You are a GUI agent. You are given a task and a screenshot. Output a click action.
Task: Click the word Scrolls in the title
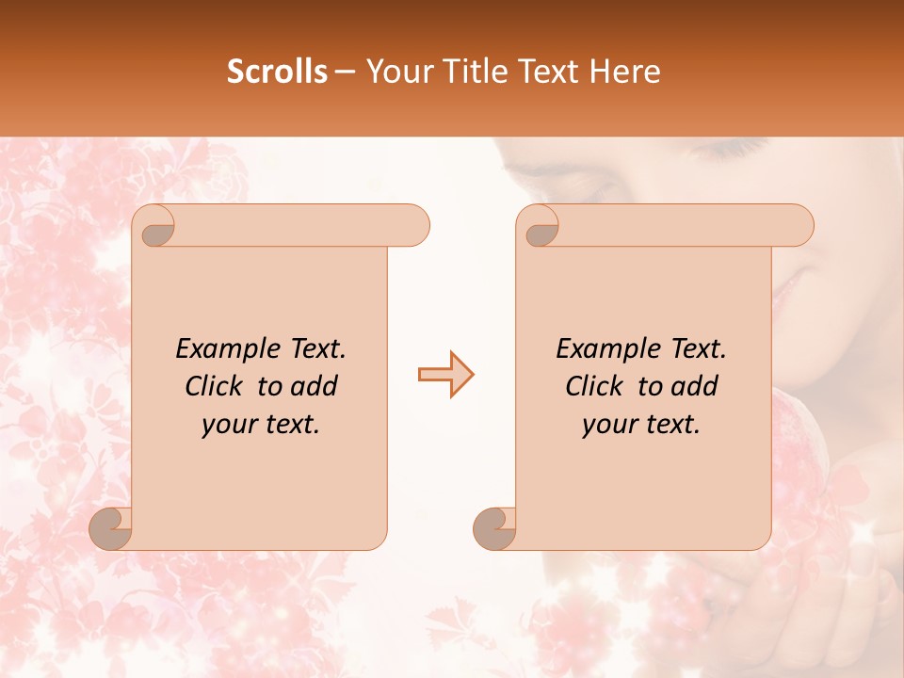click(x=277, y=72)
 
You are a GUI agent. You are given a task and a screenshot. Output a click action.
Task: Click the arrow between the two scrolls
click(x=445, y=375)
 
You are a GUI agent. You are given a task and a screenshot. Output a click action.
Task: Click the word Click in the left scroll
click(x=218, y=386)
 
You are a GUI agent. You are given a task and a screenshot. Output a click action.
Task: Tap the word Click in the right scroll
click(x=598, y=386)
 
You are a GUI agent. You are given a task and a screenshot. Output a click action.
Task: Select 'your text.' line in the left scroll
click(x=260, y=425)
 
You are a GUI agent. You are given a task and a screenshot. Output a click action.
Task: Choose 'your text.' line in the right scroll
click(x=640, y=425)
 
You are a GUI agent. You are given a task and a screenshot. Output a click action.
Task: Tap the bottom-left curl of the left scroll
click(x=110, y=528)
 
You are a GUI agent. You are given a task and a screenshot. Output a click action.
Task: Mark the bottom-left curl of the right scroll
click(x=494, y=528)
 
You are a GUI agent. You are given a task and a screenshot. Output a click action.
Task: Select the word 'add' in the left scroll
click(x=315, y=386)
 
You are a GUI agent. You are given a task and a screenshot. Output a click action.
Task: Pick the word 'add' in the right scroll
click(x=696, y=386)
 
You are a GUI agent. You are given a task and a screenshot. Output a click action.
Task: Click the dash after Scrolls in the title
click(x=345, y=72)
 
